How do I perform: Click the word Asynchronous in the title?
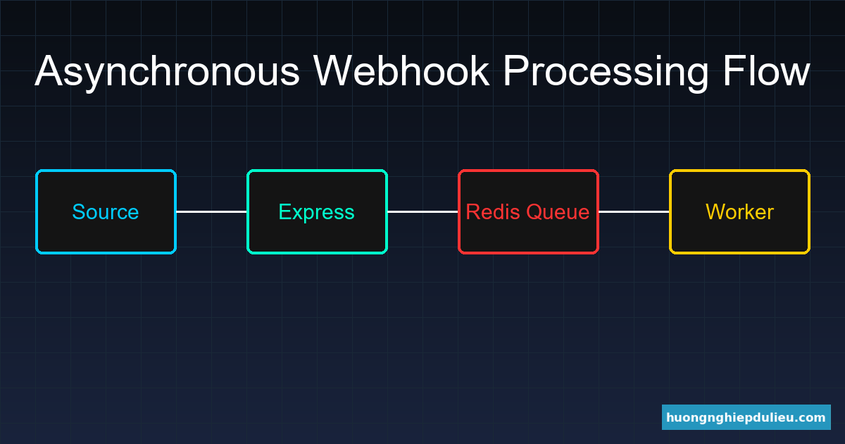click(x=168, y=72)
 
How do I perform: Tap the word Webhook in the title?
click(x=401, y=70)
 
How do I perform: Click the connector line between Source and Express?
click(x=211, y=211)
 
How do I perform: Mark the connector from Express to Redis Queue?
click(x=423, y=211)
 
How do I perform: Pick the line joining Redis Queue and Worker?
click(x=634, y=211)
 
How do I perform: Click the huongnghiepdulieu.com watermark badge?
click(x=746, y=417)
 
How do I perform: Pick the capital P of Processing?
click(x=515, y=70)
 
